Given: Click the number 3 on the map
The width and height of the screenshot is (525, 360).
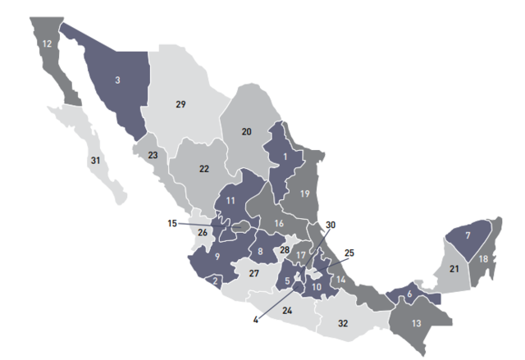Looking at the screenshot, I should [x=117, y=80].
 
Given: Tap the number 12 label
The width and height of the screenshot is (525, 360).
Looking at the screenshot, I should [x=47, y=43].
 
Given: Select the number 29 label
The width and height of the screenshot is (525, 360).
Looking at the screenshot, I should [x=181, y=104].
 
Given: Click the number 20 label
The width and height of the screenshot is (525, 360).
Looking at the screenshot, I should [x=246, y=131].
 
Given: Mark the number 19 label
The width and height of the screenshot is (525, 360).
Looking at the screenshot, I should [x=304, y=194].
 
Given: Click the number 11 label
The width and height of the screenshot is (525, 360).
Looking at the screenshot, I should [x=231, y=200].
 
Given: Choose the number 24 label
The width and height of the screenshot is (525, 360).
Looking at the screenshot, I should [x=286, y=311].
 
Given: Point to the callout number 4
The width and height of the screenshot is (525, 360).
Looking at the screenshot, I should [x=255, y=318].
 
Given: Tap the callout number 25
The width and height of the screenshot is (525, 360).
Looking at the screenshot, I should [x=349, y=253].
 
